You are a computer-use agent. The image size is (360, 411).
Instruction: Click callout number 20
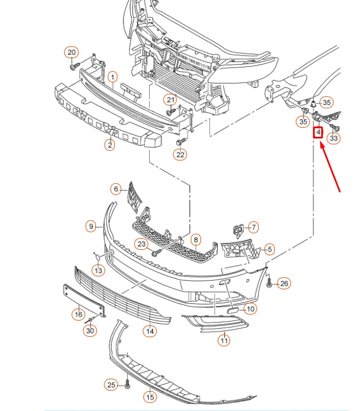72,52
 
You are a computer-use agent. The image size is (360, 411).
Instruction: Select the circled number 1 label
112,77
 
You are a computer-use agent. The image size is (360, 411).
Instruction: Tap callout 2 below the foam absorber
109,144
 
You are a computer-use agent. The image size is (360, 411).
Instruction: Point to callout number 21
171,100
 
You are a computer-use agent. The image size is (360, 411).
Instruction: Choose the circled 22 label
180,155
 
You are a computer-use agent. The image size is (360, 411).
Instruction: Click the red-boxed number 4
319,131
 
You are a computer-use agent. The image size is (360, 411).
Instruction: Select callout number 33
334,138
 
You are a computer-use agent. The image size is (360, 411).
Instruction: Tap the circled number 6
116,189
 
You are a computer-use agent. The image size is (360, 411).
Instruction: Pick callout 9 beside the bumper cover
92,226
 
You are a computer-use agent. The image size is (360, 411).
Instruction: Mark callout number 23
142,244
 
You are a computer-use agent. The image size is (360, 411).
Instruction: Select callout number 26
284,283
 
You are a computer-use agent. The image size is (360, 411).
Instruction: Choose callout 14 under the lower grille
149,331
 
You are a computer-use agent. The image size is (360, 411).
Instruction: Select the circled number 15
150,396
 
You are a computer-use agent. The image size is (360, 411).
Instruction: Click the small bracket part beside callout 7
237,230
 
